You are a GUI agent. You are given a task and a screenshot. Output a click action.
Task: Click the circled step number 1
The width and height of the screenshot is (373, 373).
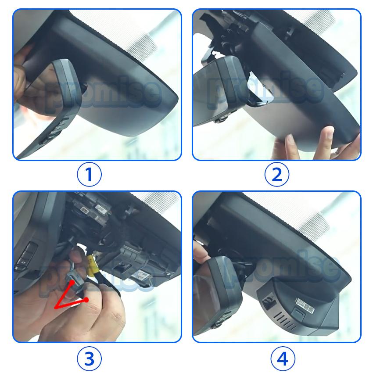[89, 174]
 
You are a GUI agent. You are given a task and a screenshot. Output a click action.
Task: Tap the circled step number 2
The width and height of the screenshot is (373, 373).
[276, 174]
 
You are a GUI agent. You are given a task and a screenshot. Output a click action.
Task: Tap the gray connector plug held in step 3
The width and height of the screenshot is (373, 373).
[75, 281]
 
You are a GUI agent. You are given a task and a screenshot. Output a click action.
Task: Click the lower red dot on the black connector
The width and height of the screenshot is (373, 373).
[86, 300]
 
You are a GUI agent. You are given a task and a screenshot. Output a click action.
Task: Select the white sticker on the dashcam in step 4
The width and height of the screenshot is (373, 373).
[305, 305]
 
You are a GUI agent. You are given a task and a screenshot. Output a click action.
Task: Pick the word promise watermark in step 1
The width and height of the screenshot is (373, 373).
[103, 94]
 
